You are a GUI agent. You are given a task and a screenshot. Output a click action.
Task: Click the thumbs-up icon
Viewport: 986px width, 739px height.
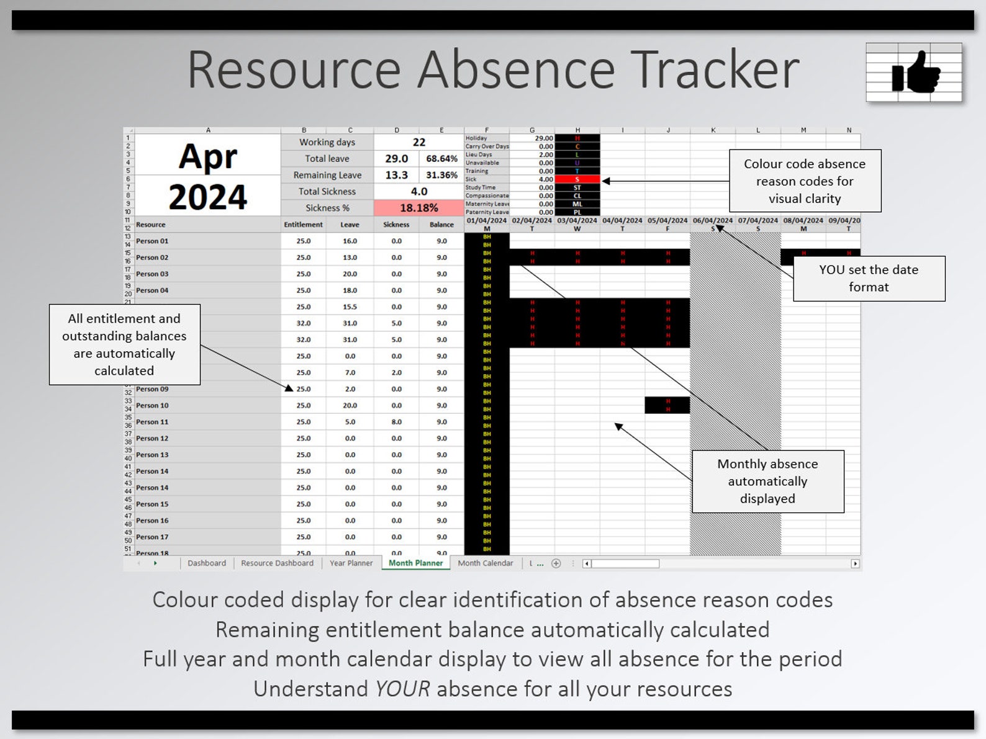pyautogui.click(x=915, y=72)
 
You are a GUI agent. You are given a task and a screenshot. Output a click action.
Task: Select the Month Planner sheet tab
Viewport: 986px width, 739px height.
pyautogui.click(x=415, y=563)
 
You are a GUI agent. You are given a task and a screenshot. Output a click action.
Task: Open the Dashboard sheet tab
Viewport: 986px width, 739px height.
pyautogui.click(x=207, y=563)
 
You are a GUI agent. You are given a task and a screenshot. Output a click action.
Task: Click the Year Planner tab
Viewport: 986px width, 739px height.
pyautogui.click(x=351, y=563)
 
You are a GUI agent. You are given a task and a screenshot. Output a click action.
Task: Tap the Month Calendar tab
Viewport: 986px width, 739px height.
pyautogui.click(x=485, y=563)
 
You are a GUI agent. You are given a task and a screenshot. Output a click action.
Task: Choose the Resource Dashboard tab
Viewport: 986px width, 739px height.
pyautogui.click(x=277, y=563)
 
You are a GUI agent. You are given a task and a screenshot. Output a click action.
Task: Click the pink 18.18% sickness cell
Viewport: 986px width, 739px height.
pyautogui.click(x=418, y=208)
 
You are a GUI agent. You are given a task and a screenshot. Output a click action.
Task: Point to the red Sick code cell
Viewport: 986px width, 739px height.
pyautogui.click(x=577, y=179)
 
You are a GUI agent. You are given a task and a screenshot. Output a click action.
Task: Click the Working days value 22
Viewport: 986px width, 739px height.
pyautogui.click(x=419, y=142)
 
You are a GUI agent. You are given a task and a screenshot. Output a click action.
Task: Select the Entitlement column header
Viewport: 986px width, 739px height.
pyautogui.click(x=303, y=225)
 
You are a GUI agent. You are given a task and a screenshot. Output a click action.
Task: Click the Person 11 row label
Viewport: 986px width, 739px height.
pyautogui.click(x=152, y=422)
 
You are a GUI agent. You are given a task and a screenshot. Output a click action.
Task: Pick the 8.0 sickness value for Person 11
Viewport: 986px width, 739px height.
pyautogui.click(x=396, y=422)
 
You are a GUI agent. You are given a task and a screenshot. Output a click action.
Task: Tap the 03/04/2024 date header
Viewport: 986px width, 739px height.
pyautogui.click(x=577, y=220)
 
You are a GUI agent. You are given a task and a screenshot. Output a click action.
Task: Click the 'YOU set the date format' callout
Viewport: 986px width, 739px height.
pyautogui.click(x=869, y=279)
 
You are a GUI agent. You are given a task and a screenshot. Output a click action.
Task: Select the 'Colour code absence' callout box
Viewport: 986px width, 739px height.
pyautogui.click(x=804, y=181)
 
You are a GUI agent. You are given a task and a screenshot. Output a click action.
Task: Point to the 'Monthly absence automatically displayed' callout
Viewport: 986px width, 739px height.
pyautogui.click(x=767, y=481)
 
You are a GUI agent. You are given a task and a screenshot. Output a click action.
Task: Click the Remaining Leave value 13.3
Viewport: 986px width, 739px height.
pyautogui.click(x=396, y=175)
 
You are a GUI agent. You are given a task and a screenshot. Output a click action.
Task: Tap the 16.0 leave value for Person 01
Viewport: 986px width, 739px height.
pyautogui.click(x=350, y=241)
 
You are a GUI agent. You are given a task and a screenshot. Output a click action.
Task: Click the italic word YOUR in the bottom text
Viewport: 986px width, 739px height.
pyautogui.click(x=402, y=689)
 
